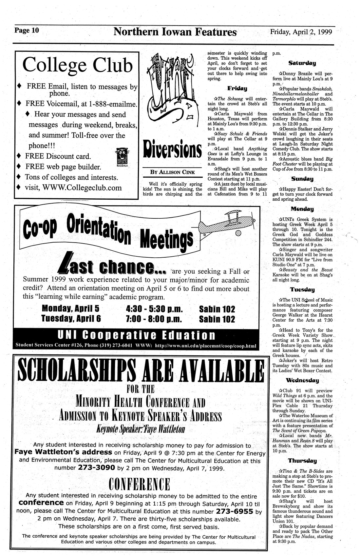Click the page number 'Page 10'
point(27,31)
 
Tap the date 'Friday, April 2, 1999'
point(301,32)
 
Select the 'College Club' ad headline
point(78,65)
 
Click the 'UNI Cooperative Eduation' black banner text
point(136,335)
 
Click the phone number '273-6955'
point(234,511)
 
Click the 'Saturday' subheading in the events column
point(302,63)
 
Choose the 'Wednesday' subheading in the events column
point(302,381)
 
